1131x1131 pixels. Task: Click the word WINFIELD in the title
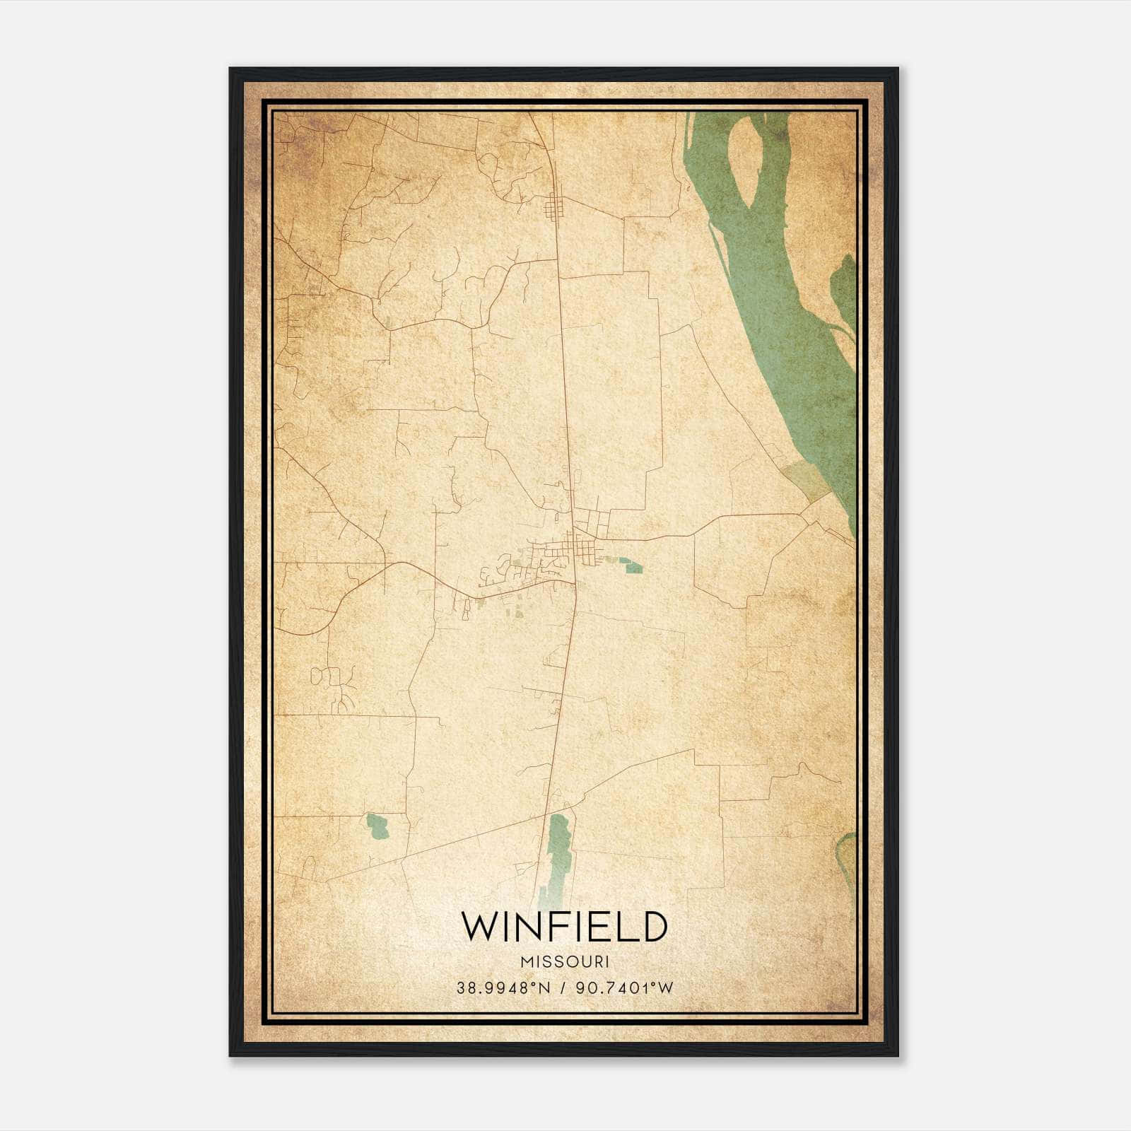(x=564, y=927)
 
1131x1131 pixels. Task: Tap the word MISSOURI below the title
(x=564, y=962)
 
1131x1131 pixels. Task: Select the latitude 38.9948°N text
(x=503, y=988)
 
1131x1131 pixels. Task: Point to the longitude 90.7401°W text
(x=625, y=988)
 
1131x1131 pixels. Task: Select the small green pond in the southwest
(x=377, y=826)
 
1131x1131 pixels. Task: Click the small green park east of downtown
(x=631, y=565)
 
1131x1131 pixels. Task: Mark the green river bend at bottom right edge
(x=847, y=859)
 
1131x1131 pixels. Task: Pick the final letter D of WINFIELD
(x=655, y=927)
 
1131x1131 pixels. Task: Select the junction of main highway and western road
(x=575, y=583)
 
